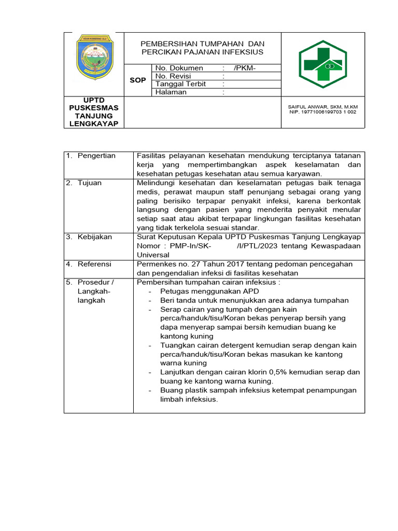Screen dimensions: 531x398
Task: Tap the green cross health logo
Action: coord(322,64)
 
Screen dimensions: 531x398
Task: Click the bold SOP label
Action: coord(137,80)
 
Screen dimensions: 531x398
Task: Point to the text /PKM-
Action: coord(245,68)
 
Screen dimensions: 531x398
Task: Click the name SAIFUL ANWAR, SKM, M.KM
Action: coord(322,107)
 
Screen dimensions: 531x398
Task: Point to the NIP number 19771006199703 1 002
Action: coord(322,112)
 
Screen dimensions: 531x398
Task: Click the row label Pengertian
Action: coord(96,156)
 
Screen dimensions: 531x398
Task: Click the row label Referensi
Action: coord(94,264)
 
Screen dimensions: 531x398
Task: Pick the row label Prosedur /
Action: coord(95,282)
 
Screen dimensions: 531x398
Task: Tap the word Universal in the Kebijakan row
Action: coord(153,255)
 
